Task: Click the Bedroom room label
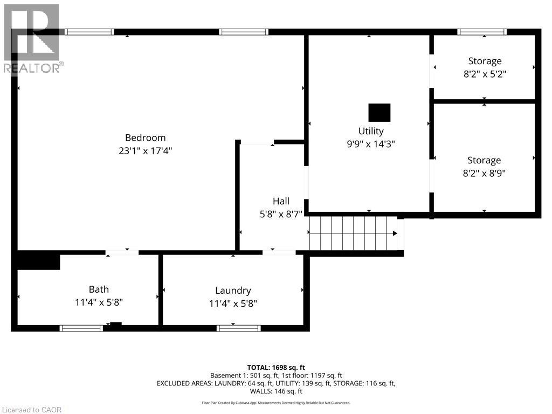click(145, 137)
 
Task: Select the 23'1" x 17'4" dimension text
click(145, 151)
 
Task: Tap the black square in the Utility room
click(379, 113)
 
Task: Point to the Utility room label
click(371, 131)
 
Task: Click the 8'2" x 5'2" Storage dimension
click(484, 74)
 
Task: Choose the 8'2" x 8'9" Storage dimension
click(484, 173)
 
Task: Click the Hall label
click(280, 201)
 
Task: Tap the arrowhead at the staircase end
click(395, 233)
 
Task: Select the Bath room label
click(99, 289)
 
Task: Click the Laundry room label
click(233, 291)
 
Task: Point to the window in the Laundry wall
click(238, 328)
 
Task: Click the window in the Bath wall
click(81, 328)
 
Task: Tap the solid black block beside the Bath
click(38, 261)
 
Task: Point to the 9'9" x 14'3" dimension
click(371, 144)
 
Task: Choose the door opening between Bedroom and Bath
click(122, 252)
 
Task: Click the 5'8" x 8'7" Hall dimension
click(280, 214)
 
